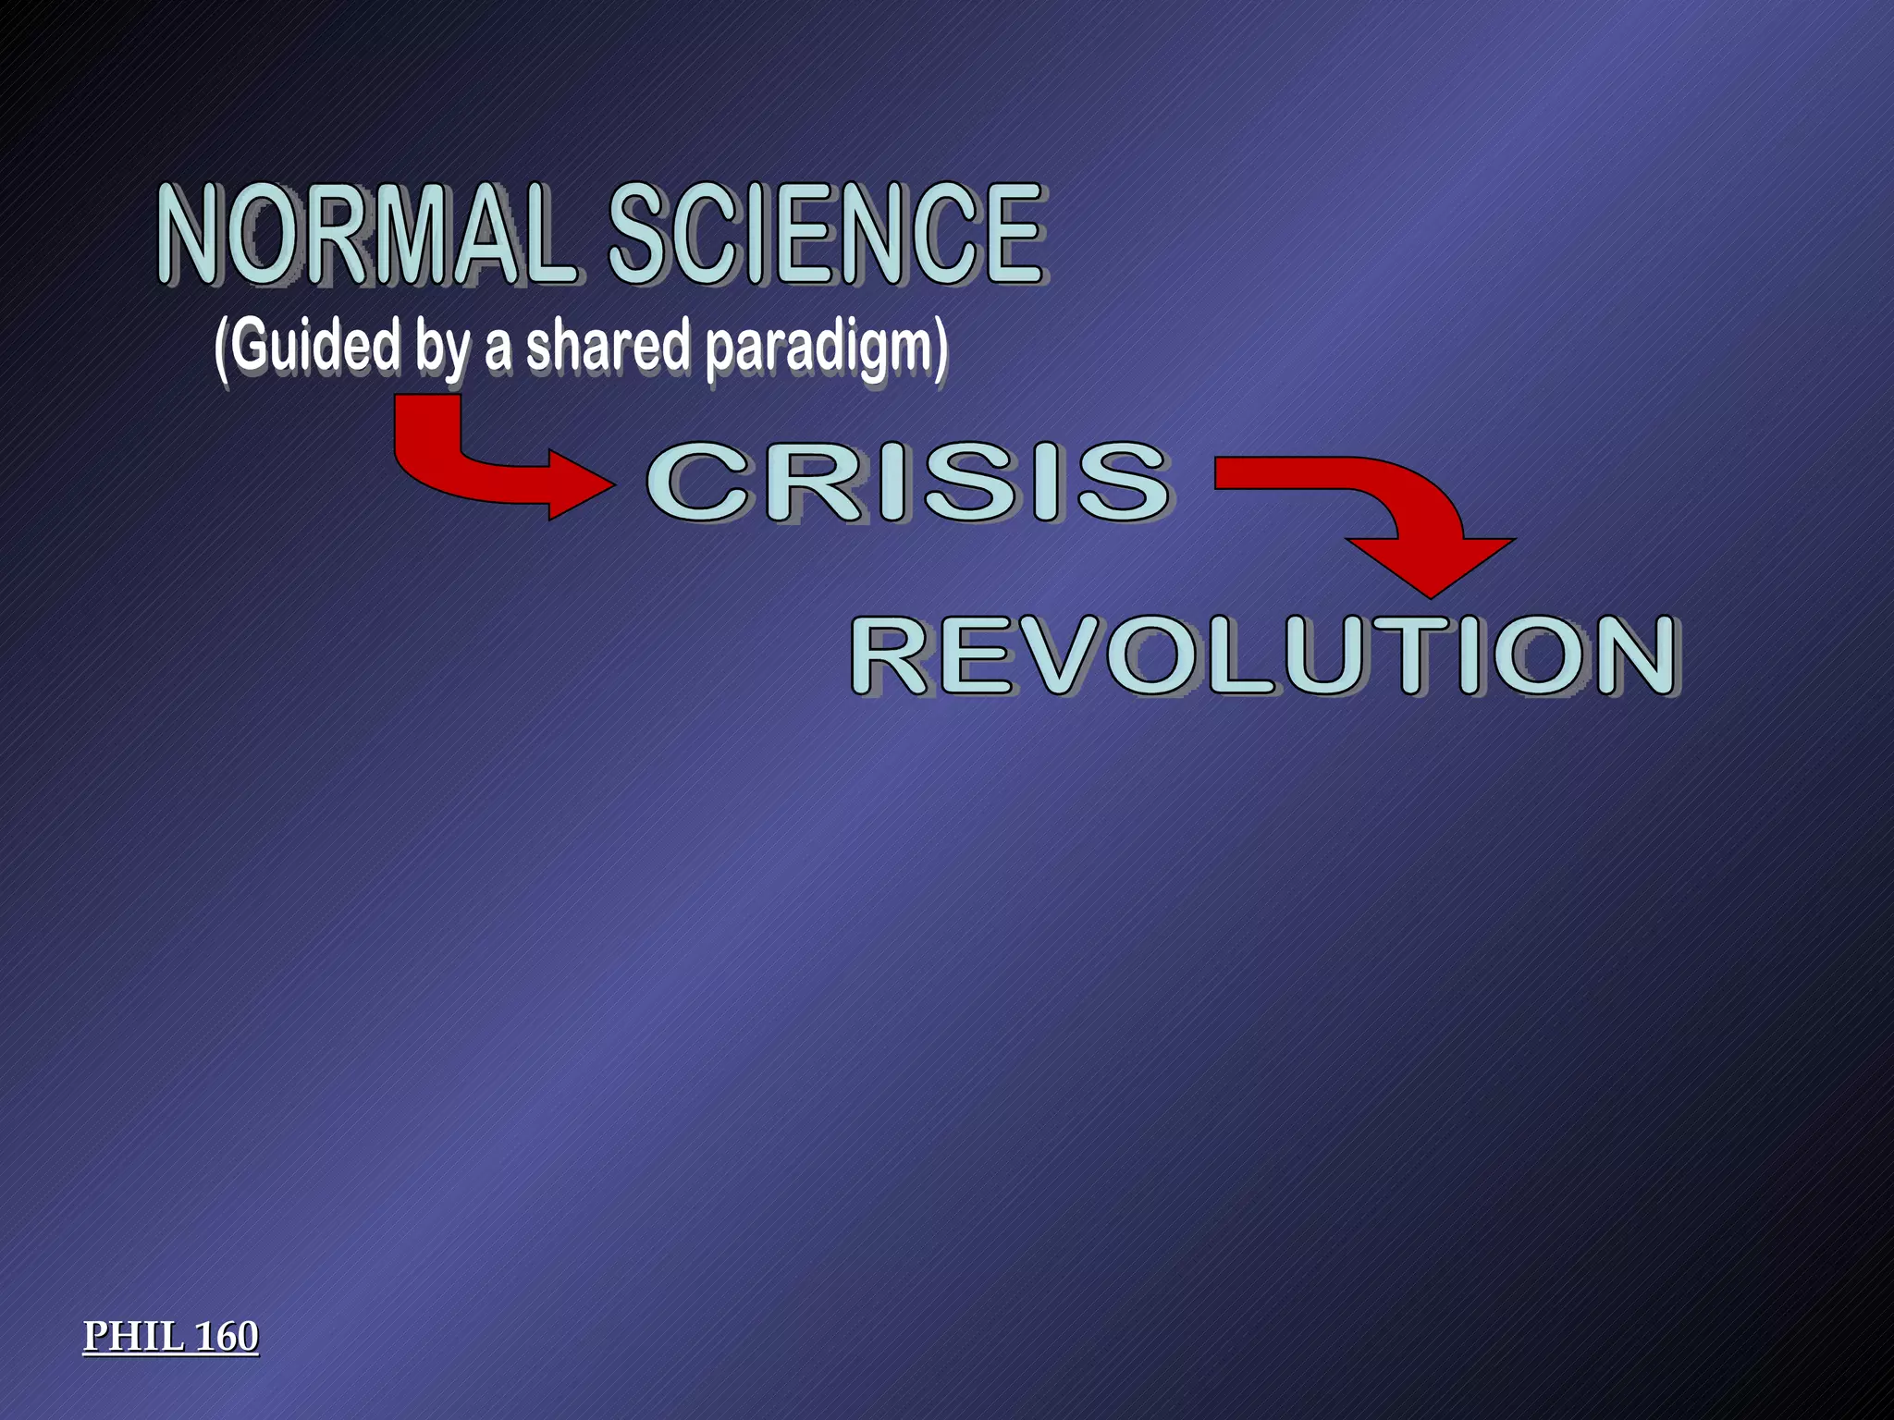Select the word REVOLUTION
[1264, 655]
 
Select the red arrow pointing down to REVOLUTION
[1406, 518]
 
